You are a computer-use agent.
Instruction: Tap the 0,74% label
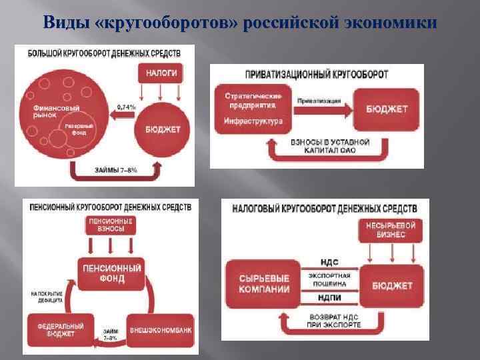127,107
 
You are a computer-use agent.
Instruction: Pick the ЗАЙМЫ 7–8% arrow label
117,170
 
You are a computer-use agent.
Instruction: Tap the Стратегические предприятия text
250,100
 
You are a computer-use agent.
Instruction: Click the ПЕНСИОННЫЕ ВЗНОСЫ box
111,224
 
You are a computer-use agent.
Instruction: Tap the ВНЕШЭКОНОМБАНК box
155,329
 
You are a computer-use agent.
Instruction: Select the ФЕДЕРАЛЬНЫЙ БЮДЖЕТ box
59,330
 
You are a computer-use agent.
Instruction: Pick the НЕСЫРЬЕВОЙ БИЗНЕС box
391,230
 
